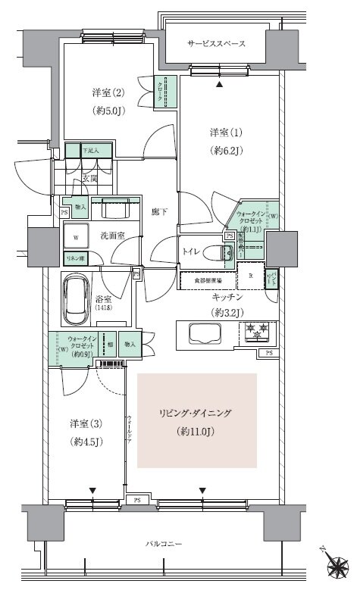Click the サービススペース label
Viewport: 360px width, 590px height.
click(x=216, y=44)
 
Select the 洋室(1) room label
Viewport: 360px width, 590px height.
click(x=226, y=133)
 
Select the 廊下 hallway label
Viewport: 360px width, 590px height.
click(x=158, y=213)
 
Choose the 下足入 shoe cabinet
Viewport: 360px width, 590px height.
click(x=90, y=150)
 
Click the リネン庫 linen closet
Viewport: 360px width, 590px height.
click(x=74, y=258)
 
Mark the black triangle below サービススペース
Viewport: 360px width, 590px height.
click(x=220, y=86)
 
